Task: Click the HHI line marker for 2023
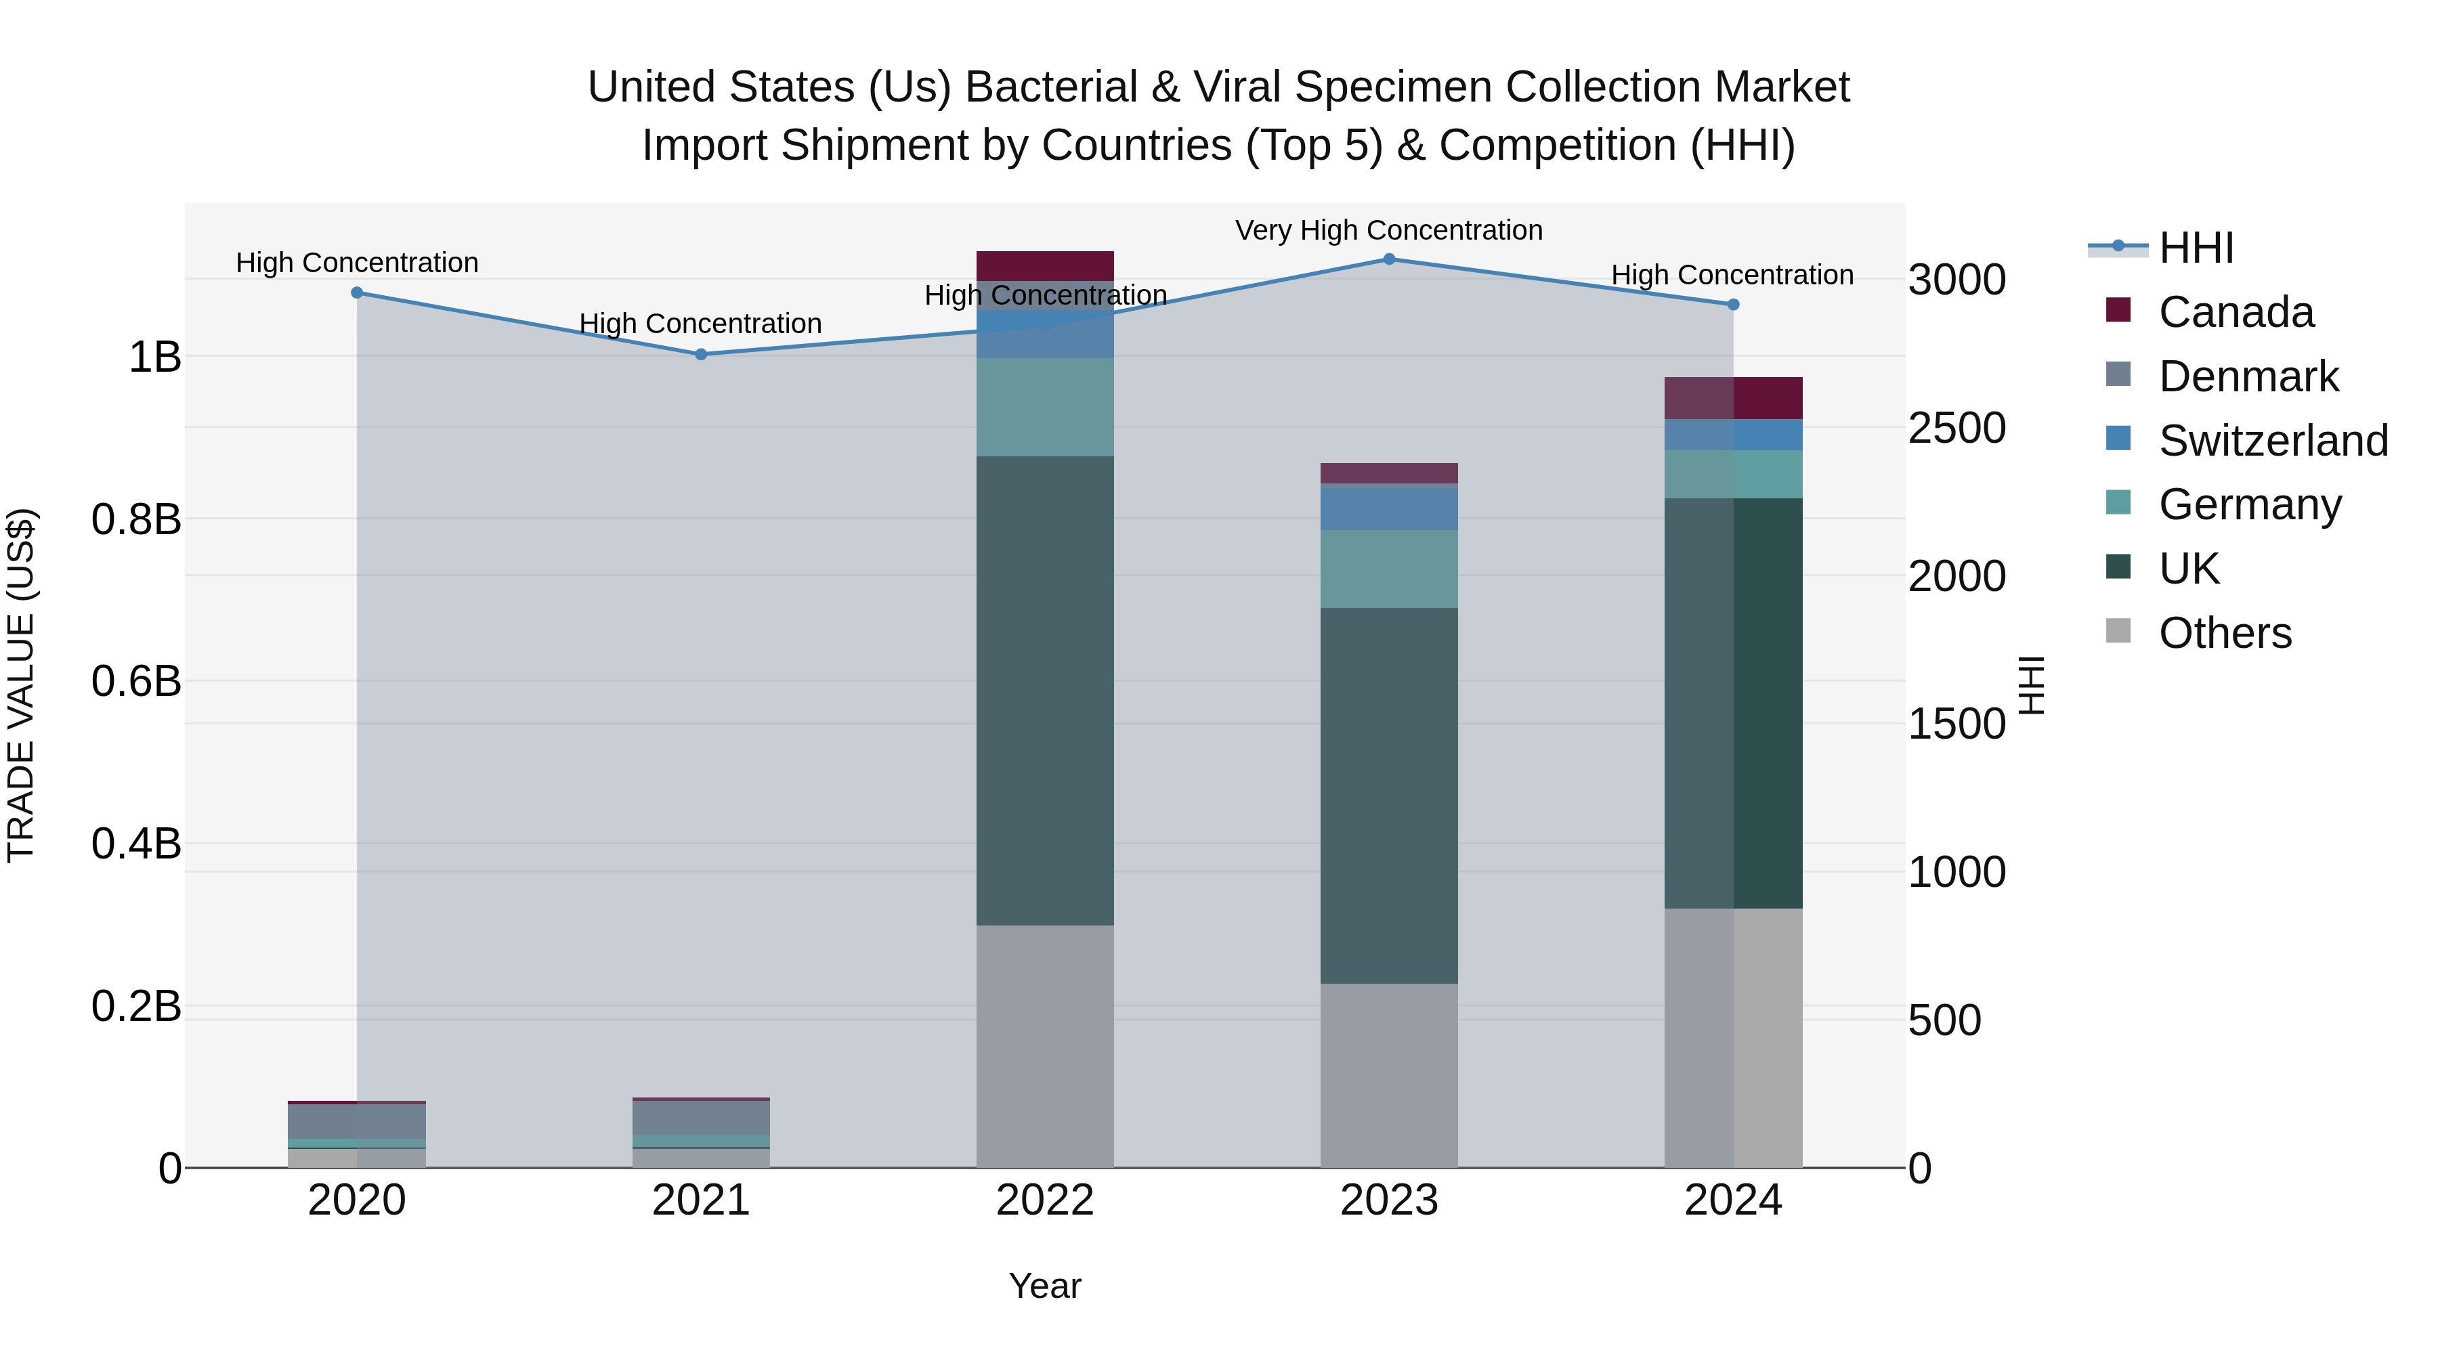[x=1388, y=259]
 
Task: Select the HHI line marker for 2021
[x=700, y=354]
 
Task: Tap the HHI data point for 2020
[x=357, y=292]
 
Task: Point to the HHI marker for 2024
[x=1733, y=305]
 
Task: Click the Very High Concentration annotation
[x=1388, y=230]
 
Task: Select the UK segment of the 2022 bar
[x=1045, y=691]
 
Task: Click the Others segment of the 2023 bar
[x=1388, y=1075]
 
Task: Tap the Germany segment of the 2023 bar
[x=1388, y=569]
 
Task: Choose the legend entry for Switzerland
[x=2272, y=441]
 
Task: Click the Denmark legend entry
[x=2248, y=376]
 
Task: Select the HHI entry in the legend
[x=2196, y=248]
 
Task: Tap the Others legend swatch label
[x=2224, y=633]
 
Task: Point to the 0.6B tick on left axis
[x=136, y=681]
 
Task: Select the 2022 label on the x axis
[x=1045, y=1200]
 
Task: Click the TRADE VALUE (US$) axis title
[x=21, y=685]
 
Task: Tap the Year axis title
[x=1045, y=1286]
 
